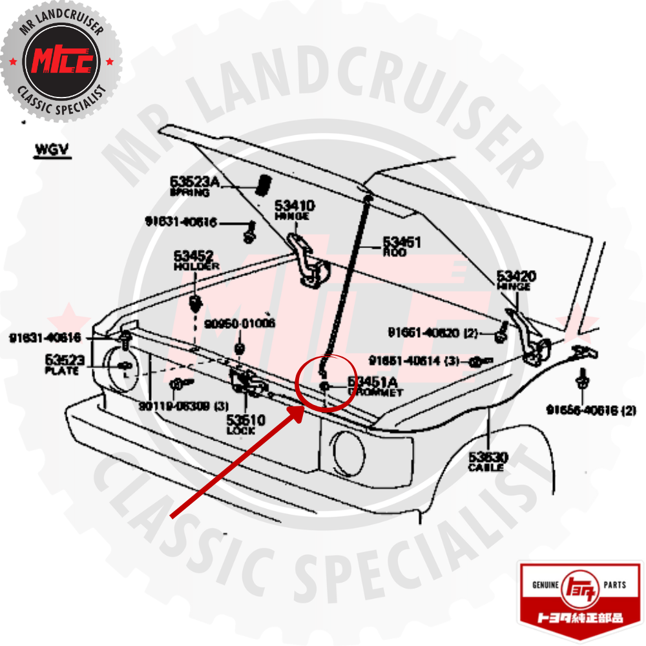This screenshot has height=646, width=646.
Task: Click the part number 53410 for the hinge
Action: click(295, 206)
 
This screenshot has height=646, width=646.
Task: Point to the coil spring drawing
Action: click(263, 185)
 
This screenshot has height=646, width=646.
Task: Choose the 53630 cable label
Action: click(488, 457)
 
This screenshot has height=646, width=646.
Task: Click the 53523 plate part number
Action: click(63, 360)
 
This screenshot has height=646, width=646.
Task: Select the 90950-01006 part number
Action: click(240, 323)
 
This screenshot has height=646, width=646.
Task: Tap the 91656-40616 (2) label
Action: click(590, 410)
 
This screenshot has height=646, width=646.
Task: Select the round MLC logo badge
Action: click(61, 61)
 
